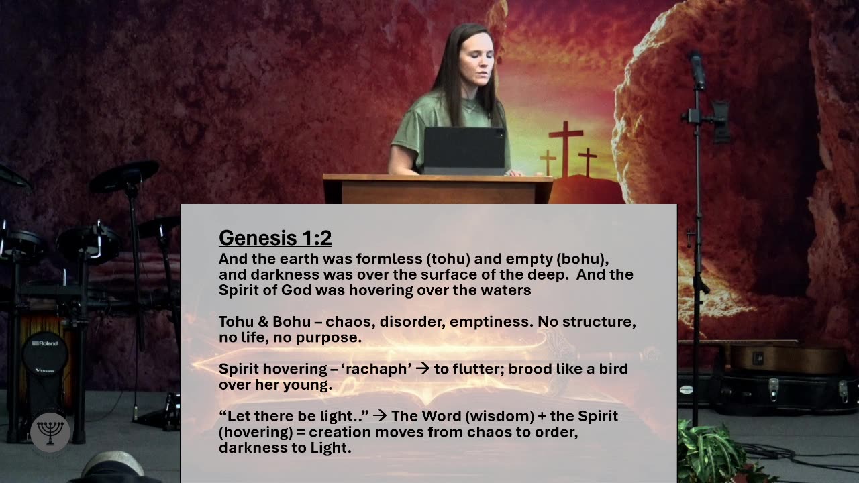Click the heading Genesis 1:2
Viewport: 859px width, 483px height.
point(275,238)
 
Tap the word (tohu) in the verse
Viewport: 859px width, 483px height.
point(448,259)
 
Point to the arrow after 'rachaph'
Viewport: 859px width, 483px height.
point(423,368)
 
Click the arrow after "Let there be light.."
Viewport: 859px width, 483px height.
point(380,416)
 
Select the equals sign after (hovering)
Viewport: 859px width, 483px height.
point(301,433)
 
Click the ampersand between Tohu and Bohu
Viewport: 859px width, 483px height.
point(262,321)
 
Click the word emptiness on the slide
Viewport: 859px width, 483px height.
point(491,321)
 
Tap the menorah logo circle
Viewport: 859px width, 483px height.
point(50,433)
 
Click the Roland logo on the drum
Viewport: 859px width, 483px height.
point(45,343)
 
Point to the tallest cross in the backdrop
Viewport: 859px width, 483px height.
point(566,149)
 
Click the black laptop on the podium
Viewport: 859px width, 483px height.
point(464,151)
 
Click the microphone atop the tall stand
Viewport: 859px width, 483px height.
point(697,71)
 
